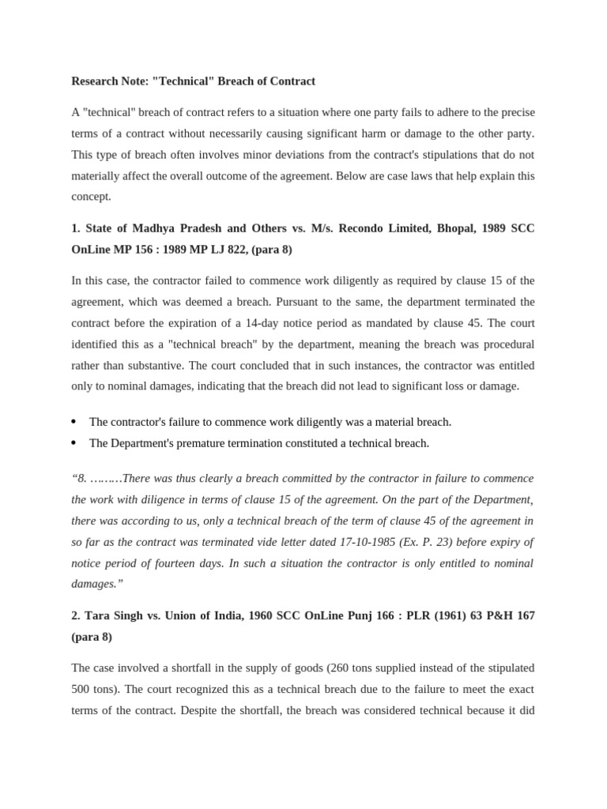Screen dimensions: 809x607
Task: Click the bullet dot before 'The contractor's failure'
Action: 74,423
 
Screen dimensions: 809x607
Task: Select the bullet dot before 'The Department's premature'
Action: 74,443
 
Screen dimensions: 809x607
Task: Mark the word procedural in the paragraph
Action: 507,344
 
